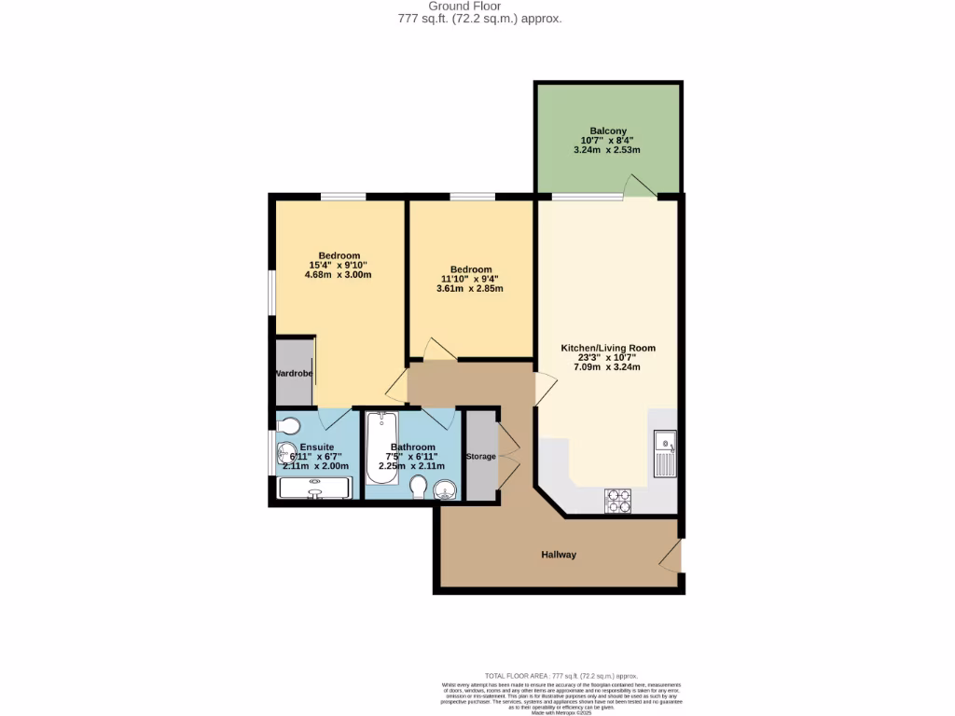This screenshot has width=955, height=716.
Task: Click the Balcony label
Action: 607,131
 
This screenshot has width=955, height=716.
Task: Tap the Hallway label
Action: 559,555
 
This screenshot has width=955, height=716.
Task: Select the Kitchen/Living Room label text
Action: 607,348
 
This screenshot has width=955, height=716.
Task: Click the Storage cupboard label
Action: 481,456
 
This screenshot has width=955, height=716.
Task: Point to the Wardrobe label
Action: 293,374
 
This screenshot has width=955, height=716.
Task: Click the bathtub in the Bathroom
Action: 382,448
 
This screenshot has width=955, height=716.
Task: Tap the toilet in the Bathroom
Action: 418,488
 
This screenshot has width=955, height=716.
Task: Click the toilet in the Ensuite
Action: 289,426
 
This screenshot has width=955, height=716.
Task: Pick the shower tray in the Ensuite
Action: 315,488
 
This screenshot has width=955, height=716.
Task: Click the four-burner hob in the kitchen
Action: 618,501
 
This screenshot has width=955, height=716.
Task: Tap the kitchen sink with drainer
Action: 666,453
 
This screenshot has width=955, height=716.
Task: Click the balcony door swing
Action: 639,186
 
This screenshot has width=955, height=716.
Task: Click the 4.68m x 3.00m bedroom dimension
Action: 339,275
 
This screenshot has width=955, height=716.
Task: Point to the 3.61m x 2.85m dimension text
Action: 469,288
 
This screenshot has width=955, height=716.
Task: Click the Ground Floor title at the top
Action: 477,6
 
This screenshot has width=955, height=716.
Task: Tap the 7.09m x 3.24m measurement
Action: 607,367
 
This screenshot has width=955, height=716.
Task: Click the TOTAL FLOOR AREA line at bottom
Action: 561,676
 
